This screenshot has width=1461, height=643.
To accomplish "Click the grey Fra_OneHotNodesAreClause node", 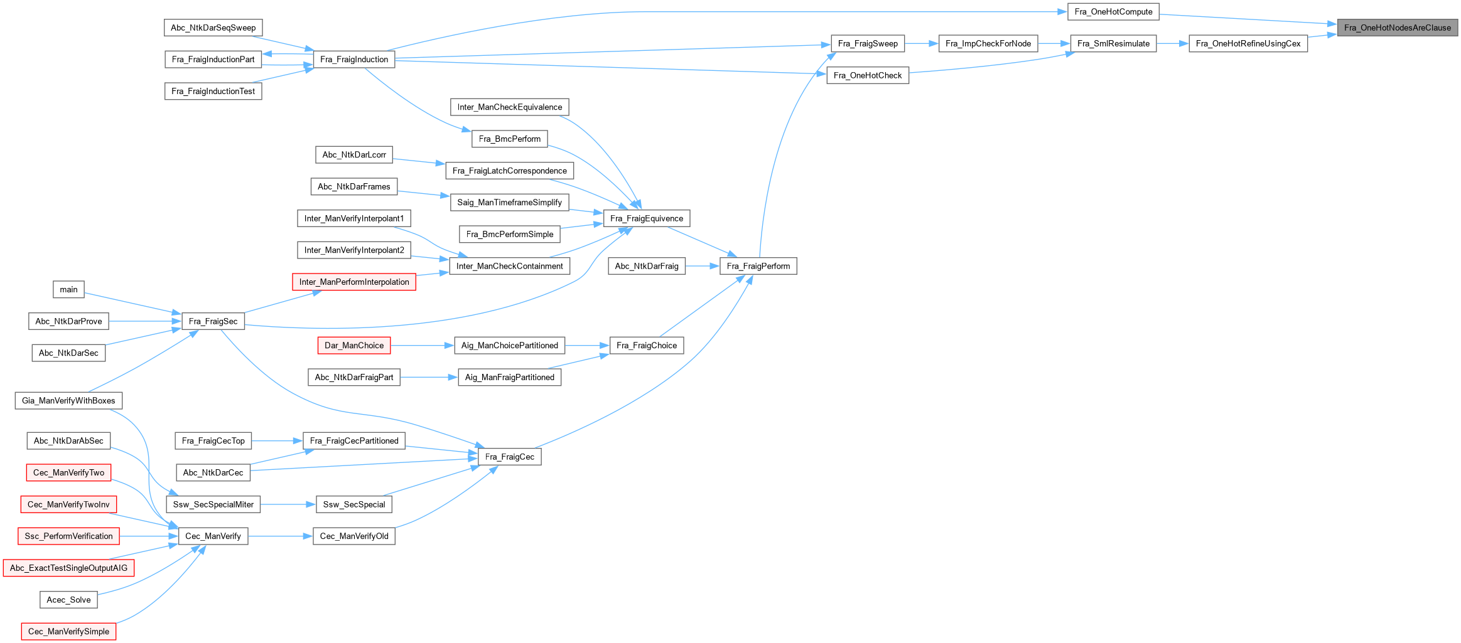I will (x=1397, y=28).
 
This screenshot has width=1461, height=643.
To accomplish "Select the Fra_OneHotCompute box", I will (x=1113, y=12).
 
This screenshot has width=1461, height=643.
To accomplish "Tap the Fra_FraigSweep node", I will (x=868, y=43).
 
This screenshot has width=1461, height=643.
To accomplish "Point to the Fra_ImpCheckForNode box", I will (x=988, y=43).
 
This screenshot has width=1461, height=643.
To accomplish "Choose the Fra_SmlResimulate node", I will (x=1113, y=43).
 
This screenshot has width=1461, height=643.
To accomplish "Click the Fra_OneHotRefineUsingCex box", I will (x=1248, y=43).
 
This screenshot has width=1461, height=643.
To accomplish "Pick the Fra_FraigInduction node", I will (x=354, y=60).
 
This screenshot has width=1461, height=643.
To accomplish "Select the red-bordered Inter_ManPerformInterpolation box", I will (x=354, y=282).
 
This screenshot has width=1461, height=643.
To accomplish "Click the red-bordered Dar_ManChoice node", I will (x=354, y=346).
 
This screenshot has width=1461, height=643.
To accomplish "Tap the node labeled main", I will (x=68, y=289).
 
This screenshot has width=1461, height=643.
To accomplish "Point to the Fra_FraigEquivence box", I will (x=647, y=218).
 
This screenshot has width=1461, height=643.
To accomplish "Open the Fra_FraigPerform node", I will (x=758, y=266).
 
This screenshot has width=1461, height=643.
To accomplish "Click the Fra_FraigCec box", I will (x=509, y=457).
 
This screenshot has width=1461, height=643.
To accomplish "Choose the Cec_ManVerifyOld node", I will (x=354, y=536).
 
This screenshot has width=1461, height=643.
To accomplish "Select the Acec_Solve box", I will (x=68, y=600).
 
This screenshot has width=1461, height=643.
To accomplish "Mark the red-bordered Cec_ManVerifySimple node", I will (x=68, y=631).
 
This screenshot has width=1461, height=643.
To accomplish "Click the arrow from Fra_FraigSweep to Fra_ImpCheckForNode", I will (x=922, y=43).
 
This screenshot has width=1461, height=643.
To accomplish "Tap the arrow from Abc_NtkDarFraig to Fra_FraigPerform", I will (x=703, y=266).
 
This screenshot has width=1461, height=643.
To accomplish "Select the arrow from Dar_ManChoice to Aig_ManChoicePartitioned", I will (x=423, y=346).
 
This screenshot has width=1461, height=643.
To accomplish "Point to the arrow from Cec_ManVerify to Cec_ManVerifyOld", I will (x=280, y=536).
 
